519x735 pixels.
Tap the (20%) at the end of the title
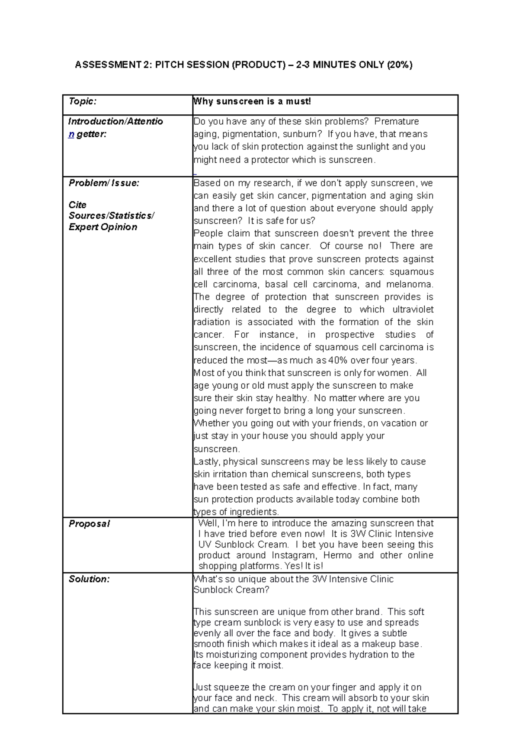(400, 65)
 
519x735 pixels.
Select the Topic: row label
(83, 101)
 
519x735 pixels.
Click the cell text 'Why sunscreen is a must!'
(252, 101)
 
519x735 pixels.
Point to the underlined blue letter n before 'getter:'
(71, 134)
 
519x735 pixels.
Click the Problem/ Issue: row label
(104, 183)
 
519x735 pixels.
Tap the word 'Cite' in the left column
(77, 205)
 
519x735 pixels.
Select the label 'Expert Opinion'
(103, 227)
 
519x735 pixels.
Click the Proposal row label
(89, 524)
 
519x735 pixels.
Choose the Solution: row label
(89, 579)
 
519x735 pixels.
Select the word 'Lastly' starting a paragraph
(206, 462)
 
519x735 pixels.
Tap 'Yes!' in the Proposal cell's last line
(295, 566)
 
